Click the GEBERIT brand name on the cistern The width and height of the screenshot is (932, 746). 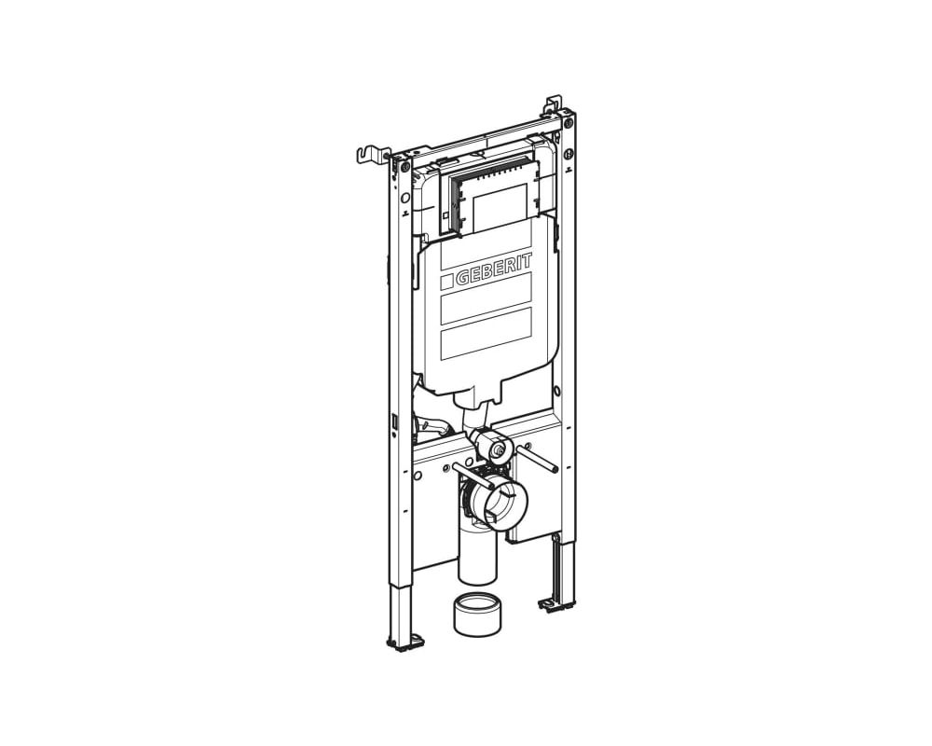494,269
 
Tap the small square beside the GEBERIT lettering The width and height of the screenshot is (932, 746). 446,282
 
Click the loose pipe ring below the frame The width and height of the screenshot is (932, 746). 474,614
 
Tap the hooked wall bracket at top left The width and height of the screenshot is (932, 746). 372,154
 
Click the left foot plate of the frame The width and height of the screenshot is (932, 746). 406,642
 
